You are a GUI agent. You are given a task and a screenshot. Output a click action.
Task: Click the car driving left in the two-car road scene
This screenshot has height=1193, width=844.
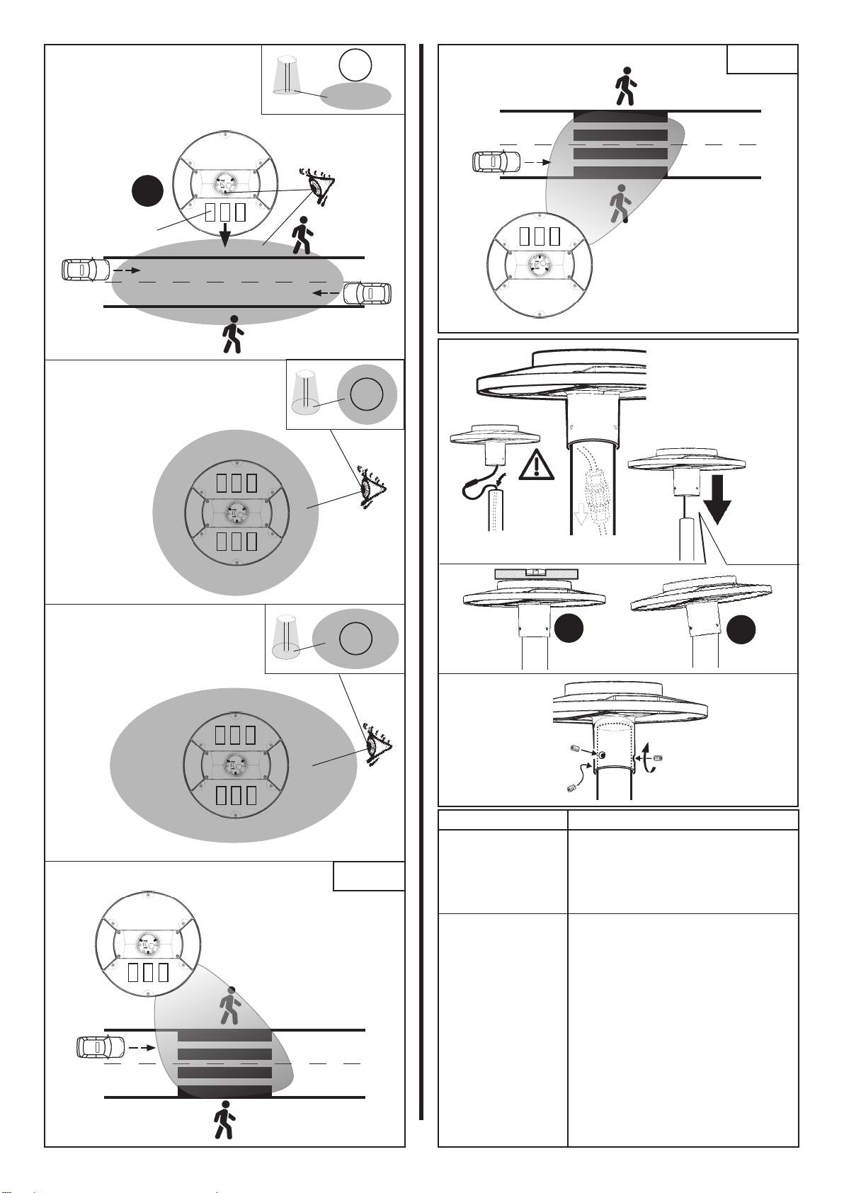coord(367,293)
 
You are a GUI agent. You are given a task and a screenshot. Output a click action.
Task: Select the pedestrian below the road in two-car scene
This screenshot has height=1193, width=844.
coord(232,334)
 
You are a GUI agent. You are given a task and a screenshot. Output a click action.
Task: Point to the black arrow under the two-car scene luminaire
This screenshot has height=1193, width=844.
coord(224,234)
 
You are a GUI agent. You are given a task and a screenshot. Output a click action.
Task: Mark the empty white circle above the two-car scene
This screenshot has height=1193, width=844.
coord(355,66)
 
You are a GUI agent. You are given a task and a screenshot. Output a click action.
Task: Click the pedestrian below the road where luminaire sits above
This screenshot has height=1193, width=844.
coord(224,1119)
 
